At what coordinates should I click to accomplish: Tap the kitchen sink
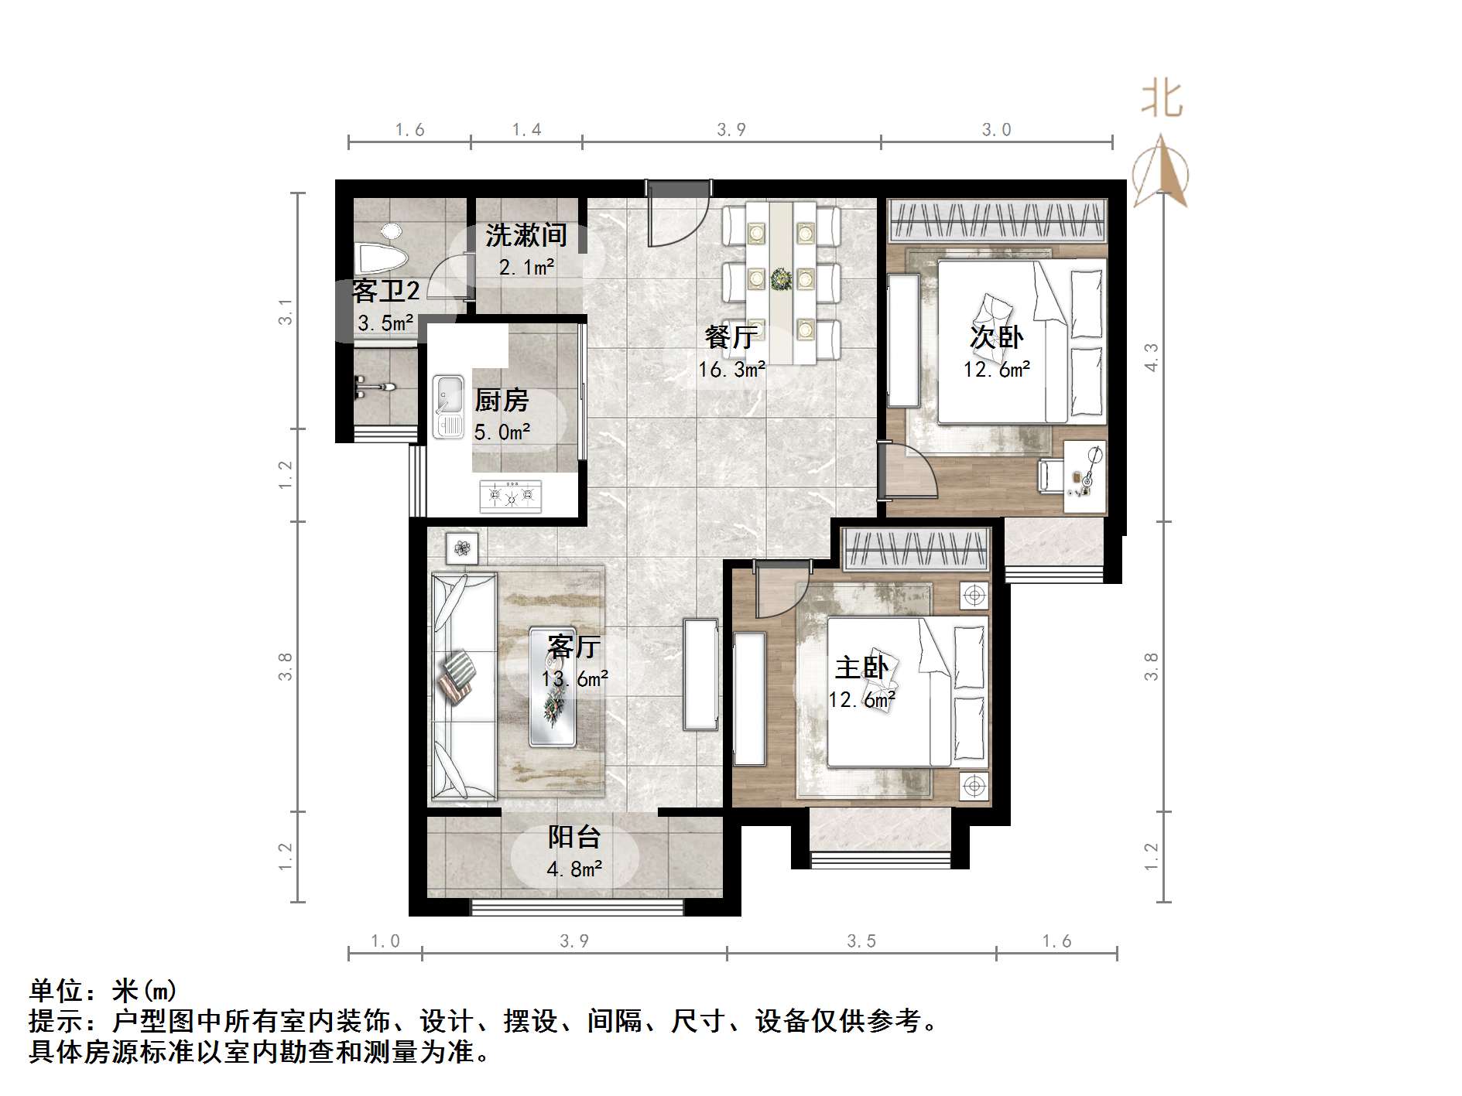coord(448,405)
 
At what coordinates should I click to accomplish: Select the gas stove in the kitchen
coord(510,496)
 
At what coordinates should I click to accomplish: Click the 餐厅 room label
coord(730,337)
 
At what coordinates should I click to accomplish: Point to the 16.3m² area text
coord(731,370)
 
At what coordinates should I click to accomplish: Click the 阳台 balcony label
coord(574,837)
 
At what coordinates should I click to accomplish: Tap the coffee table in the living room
coord(553,687)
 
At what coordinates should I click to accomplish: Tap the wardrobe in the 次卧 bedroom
coord(997,220)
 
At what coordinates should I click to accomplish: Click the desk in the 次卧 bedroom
coord(1084,476)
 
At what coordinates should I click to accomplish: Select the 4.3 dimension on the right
coord(1151,357)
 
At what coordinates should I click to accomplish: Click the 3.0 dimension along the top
coord(996,130)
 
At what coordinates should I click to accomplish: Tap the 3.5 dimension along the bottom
coord(861,941)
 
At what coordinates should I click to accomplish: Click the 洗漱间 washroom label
coord(526,235)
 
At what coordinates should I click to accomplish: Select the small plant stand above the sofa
coord(462,548)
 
